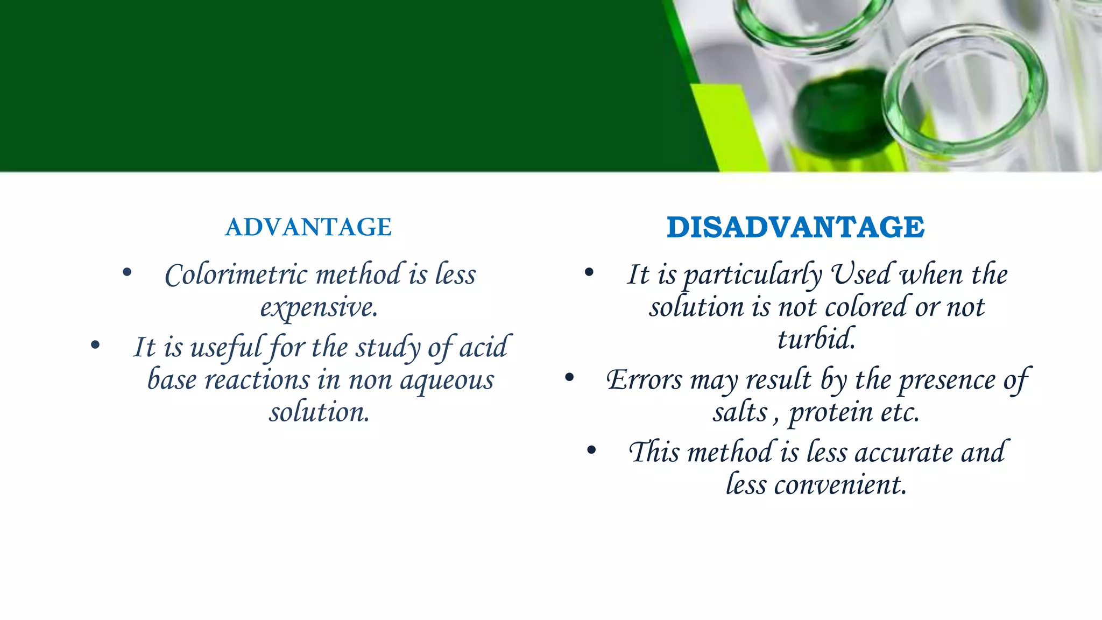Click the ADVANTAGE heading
[308, 227]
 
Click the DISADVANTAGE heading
[795, 227]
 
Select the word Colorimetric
[236, 275]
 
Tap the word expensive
[319, 307]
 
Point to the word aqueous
[447, 380]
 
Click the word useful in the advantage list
[226, 347]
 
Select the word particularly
[752, 275]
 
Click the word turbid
[816, 339]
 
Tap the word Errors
[644, 380]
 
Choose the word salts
[740, 413]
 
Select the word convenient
[840, 485]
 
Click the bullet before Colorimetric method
[127, 272]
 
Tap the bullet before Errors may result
[569, 378]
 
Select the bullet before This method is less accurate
[591, 450]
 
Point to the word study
[388, 347]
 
